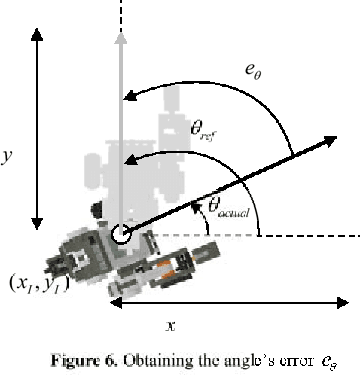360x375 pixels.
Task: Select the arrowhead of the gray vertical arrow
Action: click(x=120, y=40)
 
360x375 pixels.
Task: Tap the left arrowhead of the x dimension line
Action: click(x=115, y=303)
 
